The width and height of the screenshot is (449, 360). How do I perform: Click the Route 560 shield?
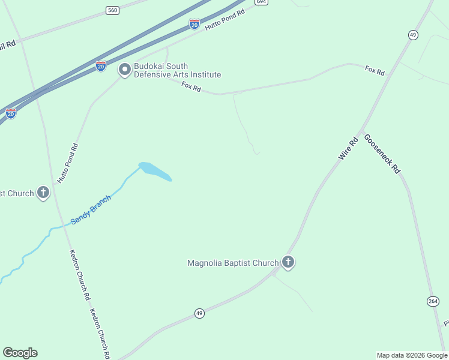coord(112,10)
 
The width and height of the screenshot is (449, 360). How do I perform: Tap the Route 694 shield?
coord(261,2)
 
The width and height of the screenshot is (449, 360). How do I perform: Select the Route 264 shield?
coord(433,301)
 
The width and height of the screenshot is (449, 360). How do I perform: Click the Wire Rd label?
coord(348,148)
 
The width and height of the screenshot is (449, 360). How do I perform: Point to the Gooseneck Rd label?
coord(381,154)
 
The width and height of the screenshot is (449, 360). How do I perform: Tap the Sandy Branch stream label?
coord(91,210)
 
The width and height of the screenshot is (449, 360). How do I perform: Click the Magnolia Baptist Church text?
coord(233,263)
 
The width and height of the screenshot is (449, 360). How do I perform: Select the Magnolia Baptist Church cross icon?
coord(288,262)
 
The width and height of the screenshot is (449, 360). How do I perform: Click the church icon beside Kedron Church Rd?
coord(43,193)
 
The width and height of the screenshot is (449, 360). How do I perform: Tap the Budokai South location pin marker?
coord(125,70)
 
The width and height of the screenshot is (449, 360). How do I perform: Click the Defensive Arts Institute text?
coord(177,75)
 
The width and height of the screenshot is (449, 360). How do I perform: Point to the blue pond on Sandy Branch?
coord(155,171)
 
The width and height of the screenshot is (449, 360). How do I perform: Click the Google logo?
coord(20,353)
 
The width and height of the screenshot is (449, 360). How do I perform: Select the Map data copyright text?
coord(412,355)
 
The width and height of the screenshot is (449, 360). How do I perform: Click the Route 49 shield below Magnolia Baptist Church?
coord(199,313)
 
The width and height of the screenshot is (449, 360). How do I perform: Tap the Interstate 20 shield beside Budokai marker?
coord(101,65)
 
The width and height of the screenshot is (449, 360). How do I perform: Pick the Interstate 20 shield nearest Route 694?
coord(194,24)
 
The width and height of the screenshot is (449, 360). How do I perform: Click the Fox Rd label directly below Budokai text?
coord(191,87)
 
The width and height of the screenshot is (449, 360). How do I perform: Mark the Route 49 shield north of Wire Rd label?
coord(413,35)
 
